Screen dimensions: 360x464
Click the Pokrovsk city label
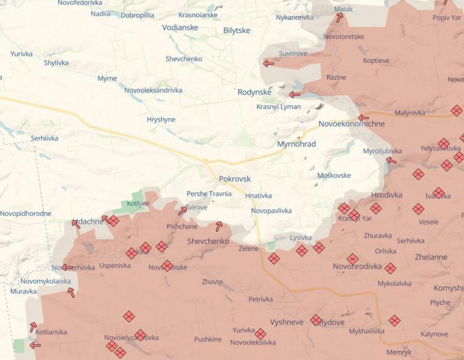235,179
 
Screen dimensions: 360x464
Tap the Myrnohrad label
297,144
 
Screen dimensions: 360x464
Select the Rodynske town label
255,92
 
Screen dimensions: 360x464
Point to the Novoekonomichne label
352,124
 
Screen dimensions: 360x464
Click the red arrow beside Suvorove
268,63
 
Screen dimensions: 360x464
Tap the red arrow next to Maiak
340,18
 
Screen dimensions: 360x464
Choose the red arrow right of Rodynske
294,94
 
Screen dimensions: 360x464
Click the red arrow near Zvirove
182,211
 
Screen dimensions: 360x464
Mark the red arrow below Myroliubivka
391,160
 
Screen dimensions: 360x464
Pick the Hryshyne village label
161,119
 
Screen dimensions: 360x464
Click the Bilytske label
237,30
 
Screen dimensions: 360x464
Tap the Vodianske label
181,27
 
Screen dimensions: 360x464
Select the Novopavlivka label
271,211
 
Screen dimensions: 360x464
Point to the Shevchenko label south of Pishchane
208,241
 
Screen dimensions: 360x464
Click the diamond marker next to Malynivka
457,110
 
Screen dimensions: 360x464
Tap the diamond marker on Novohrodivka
352,259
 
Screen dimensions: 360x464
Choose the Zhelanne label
431,257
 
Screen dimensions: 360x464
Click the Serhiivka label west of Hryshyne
44,138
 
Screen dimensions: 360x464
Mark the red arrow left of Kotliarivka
35,345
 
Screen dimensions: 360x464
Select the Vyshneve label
286,322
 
